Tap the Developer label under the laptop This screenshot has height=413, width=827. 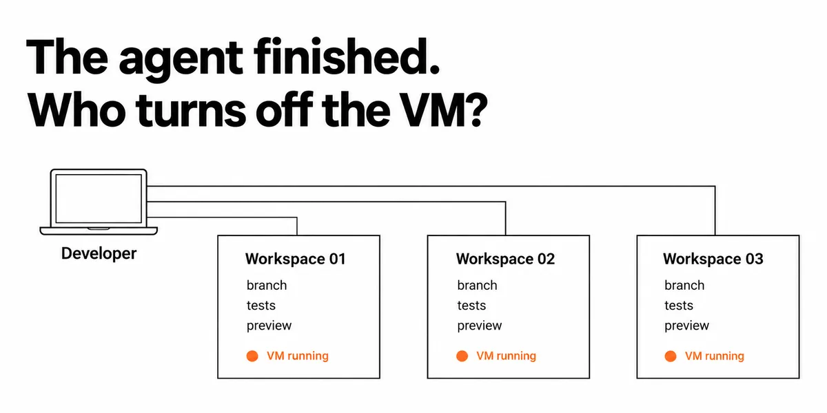click(99, 254)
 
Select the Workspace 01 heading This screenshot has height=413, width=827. click(296, 259)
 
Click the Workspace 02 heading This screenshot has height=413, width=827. click(505, 259)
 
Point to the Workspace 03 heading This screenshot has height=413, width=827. click(713, 259)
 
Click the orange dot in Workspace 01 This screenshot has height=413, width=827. click(252, 357)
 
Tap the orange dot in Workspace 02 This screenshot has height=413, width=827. click(462, 357)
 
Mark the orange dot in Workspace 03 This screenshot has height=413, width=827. click(671, 357)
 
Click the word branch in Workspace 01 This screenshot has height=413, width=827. click(267, 286)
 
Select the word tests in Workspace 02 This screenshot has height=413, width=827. click(471, 306)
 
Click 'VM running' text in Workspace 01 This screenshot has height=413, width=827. click(298, 356)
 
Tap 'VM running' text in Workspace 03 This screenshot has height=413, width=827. click(715, 356)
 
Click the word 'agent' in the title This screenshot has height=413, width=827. click(181, 60)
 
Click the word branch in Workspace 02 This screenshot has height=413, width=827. click(477, 286)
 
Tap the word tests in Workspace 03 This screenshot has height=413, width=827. click(679, 306)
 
